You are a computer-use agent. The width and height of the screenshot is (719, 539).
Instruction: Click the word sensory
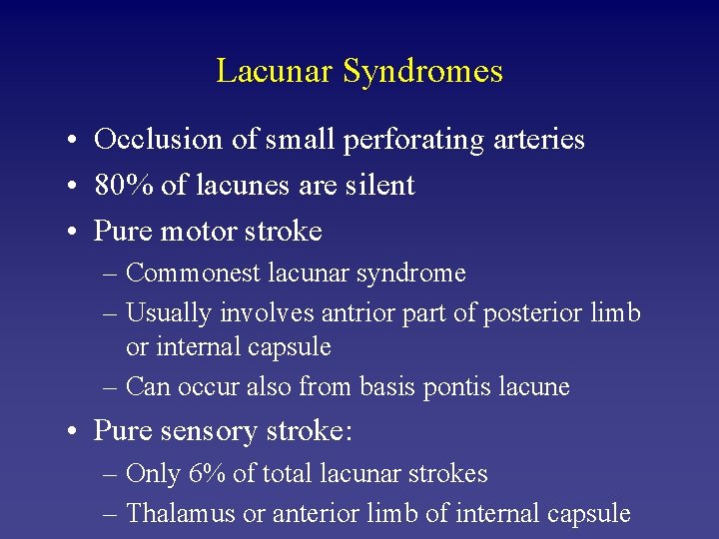pos(202,431)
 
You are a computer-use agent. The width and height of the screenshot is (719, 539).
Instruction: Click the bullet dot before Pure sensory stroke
pos(76,432)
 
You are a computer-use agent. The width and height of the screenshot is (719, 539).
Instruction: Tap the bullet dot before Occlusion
pos(76,141)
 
